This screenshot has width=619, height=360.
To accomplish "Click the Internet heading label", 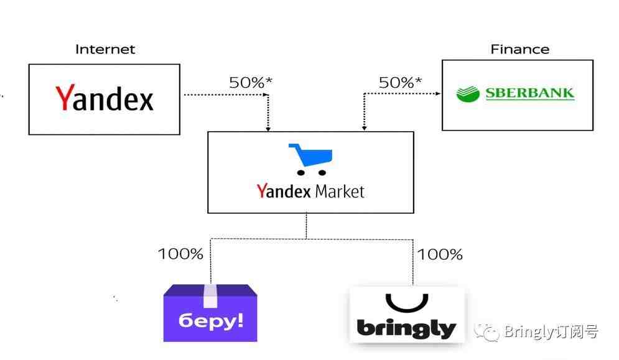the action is tap(105, 49).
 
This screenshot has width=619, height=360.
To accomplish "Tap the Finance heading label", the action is tap(520, 49).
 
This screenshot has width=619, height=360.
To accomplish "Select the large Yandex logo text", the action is tap(105, 98).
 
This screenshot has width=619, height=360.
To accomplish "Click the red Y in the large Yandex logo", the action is tap(64, 98).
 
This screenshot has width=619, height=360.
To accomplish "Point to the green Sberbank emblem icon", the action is tap(468, 94).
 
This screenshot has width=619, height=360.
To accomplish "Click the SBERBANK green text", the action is tap(530, 93).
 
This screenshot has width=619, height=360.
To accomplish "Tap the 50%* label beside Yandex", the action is tap(251, 83).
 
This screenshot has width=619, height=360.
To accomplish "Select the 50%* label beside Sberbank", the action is tap(400, 83).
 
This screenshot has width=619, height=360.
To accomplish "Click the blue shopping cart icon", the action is tap(311, 159).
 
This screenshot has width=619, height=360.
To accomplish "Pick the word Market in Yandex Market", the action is tap(340, 192).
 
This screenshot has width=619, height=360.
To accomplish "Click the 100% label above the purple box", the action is tap(180, 254).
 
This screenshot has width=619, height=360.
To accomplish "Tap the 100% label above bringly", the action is tap(440, 254).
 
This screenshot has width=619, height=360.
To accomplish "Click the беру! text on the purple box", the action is tap(211, 321).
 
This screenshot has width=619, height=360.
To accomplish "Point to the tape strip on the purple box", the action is tap(210, 296).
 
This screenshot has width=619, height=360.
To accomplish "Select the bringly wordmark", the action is tap(406, 328).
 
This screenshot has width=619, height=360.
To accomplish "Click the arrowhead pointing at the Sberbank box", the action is tap(438, 93).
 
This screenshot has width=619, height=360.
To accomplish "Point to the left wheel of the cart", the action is tap(301, 173).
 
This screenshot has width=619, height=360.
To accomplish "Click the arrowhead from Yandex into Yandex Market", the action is tap(268, 129).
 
